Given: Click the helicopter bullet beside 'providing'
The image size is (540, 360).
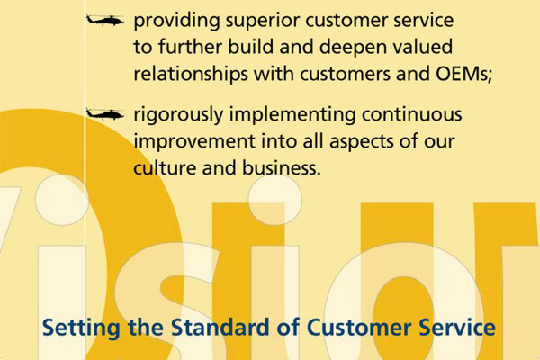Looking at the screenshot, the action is click(x=104, y=20).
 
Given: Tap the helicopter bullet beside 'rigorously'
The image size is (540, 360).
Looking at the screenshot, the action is click(x=104, y=113).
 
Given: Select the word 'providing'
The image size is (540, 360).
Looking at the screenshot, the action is click(x=176, y=22).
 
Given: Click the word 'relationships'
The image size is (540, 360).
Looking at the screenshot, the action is click(x=191, y=75).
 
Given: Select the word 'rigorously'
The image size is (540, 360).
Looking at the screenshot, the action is click(x=178, y=115).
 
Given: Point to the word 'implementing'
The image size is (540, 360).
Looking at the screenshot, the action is click(x=292, y=115).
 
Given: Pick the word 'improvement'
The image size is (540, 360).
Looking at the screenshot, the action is click(x=194, y=142).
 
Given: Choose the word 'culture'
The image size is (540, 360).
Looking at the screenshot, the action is click(x=165, y=168).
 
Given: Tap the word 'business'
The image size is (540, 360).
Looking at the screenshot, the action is click(x=280, y=168).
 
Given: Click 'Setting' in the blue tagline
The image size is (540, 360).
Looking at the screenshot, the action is click(x=81, y=328).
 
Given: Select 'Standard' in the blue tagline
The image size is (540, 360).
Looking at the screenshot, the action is click(x=220, y=328).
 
